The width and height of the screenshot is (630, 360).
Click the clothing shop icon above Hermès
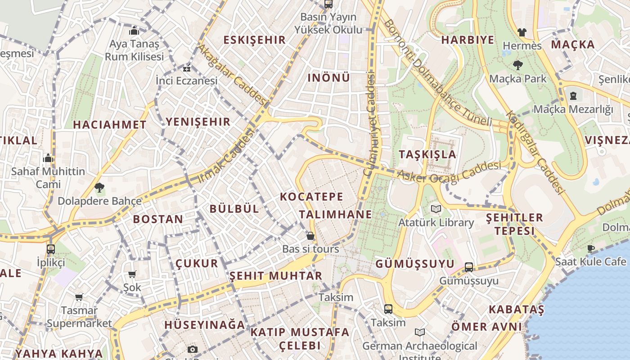(x=522, y=32)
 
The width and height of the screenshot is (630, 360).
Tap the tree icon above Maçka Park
(x=518, y=65)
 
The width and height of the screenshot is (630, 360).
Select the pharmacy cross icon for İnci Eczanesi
(x=186, y=68)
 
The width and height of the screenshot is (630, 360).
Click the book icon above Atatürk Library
(x=436, y=209)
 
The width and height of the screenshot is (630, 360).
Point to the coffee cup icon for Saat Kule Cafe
(x=590, y=248)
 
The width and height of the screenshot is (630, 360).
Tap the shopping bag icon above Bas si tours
(x=310, y=235)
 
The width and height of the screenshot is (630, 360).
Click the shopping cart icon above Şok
(x=132, y=274)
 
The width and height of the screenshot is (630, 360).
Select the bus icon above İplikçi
(x=51, y=249)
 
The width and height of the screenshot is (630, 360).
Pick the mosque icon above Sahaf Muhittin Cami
(x=48, y=158)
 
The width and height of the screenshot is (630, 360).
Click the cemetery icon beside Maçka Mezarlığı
(x=573, y=96)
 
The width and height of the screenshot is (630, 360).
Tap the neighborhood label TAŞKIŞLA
(x=427, y=154)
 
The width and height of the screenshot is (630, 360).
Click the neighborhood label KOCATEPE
(x=311, y=197)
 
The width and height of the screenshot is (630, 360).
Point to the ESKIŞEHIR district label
(x=255, y=40)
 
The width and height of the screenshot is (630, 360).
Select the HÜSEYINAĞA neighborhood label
(x=205, y=324)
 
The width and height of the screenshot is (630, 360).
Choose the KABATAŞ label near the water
(x=516, y=310)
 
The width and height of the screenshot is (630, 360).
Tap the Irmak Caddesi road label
(x=226, y=156)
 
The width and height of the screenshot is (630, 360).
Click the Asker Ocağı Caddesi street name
(x=449, y=172)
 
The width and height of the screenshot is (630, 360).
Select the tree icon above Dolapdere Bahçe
(x=99, y=188)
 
